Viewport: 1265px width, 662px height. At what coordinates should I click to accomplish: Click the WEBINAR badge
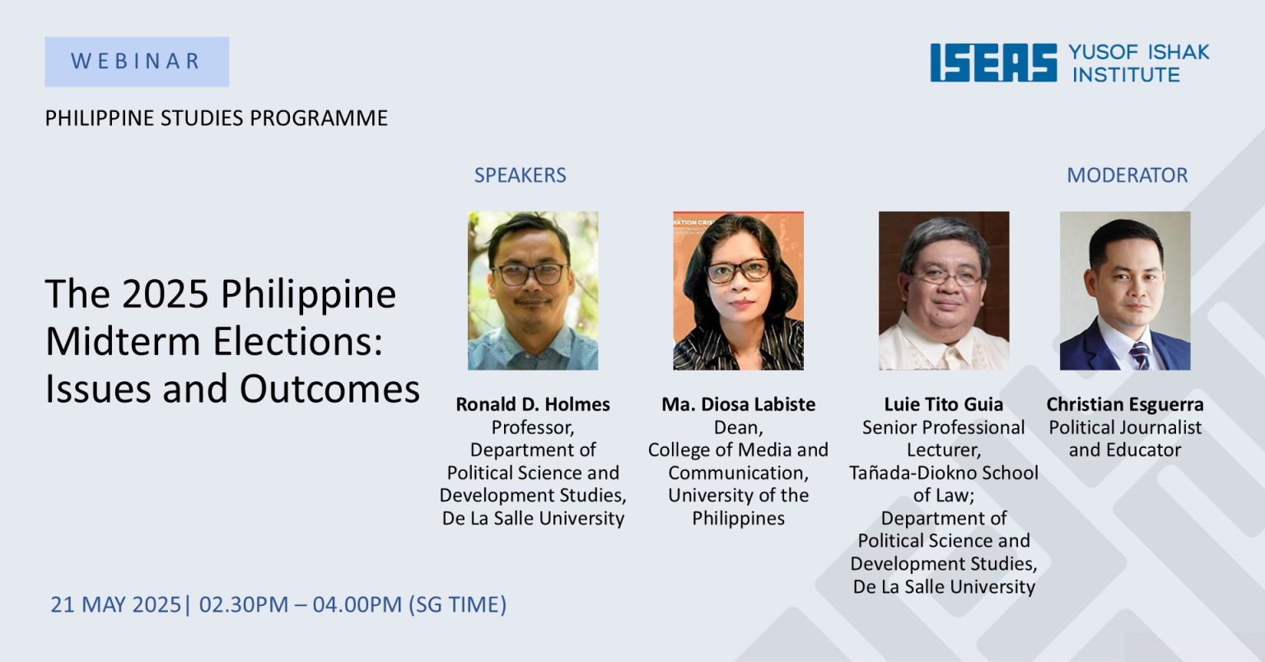coord(137,62)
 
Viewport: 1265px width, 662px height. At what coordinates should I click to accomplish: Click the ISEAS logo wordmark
coord(993,63)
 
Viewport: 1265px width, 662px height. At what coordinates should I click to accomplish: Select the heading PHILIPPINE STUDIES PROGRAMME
coord(217,118)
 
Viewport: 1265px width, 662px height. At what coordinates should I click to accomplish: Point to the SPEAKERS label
coord(520,175)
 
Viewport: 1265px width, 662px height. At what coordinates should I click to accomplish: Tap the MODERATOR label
coord(1127,175)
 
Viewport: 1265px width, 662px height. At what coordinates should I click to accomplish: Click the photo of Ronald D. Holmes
coord(533,291)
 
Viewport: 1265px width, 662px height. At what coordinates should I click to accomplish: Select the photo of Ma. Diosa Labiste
coord(738,291)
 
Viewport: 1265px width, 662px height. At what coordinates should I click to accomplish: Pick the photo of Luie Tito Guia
coord(944,291)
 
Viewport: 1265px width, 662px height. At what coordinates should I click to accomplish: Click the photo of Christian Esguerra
coord(1125,291)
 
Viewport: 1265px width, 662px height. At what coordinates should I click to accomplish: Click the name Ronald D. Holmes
coord(533,404)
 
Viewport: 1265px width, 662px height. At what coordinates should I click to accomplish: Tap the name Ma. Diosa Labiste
coord(738,404)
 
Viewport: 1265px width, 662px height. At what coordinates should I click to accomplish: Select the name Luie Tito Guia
coord(944,404)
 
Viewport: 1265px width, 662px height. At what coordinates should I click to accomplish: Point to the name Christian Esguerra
coord(1125,404)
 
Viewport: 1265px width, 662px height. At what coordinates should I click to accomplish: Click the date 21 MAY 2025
coord(116,604)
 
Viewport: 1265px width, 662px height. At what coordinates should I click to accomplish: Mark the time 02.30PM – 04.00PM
coord(301,604)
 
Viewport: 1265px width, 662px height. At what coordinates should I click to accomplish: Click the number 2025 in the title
coord(166,294)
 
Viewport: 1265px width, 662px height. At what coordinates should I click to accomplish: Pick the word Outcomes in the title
coord(329,389)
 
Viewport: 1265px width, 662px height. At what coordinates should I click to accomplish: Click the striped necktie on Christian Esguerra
coord(1140,356)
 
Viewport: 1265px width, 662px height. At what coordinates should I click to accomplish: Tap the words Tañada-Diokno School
coord(944,473)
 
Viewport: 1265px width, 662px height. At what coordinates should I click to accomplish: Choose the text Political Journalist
coord(1125,427)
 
